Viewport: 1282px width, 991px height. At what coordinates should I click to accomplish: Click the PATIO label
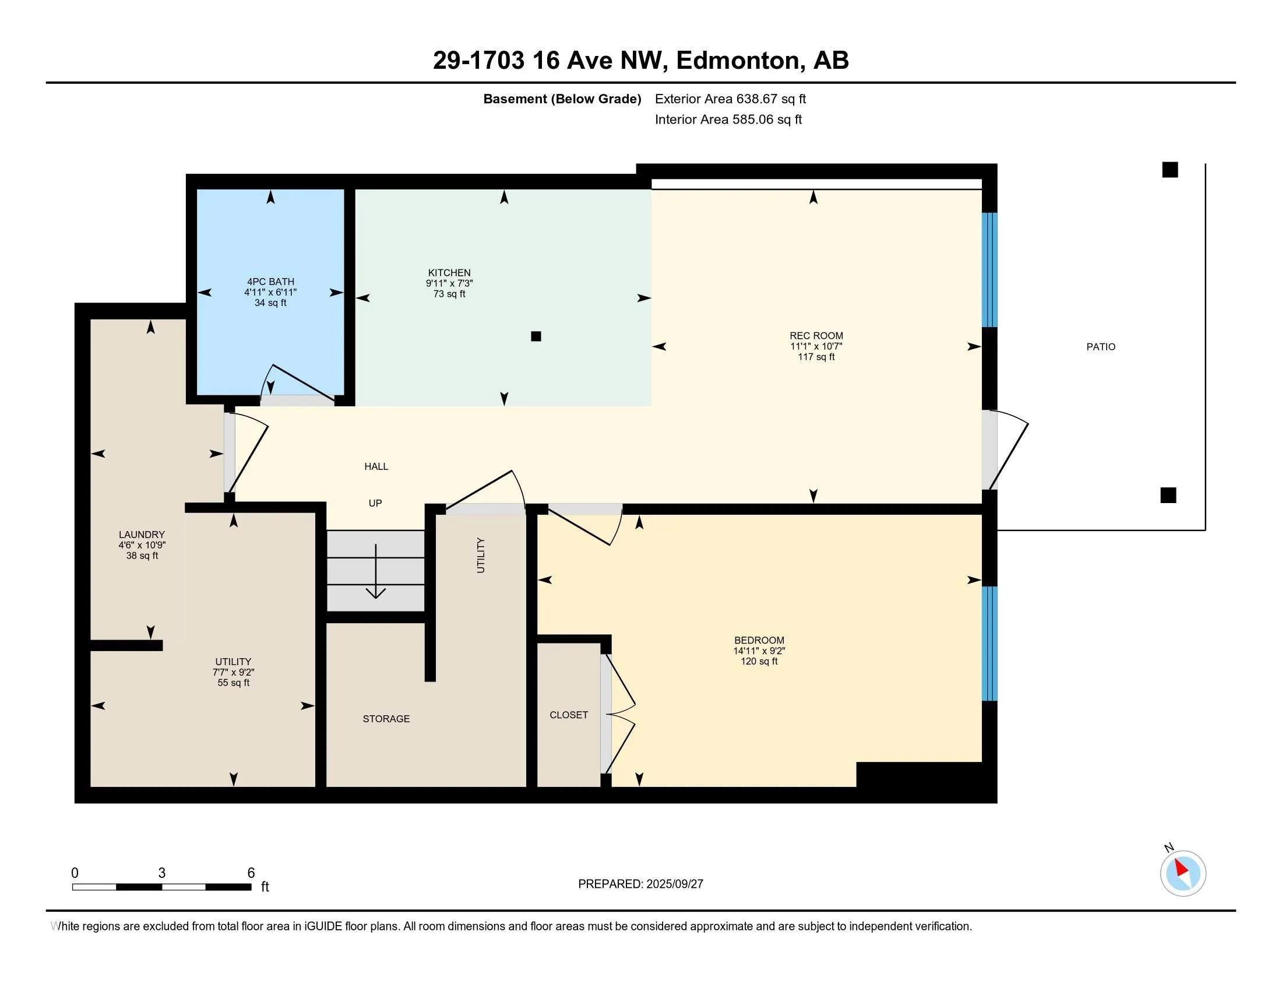(x=1101, y=347)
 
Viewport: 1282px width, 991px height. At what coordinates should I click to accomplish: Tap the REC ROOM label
(x=816, y=336)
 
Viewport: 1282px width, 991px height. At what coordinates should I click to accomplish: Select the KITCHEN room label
(x=449, y=272)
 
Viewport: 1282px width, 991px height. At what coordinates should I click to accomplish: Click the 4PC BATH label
(x=270, y=282)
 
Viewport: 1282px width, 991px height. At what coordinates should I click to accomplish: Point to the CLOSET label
(x=569, y=715)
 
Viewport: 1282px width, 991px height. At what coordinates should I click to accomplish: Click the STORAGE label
(x=386, y=719)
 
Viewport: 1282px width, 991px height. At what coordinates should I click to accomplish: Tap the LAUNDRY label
(x=142, y=534)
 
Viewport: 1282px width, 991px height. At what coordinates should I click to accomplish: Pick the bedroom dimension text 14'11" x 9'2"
(x=759, y=651)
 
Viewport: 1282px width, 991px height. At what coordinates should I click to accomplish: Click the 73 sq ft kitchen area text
(x=449, y=294)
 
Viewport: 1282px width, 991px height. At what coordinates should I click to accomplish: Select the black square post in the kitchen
(x=536, y=336)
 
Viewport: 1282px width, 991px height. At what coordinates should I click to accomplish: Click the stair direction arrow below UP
(x=376, y=571)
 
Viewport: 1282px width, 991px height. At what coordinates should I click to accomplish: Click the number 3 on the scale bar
(x=161, y=873)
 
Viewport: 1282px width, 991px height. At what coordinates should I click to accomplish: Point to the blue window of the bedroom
(x=989, y=644)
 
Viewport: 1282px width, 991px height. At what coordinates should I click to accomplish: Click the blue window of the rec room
(x=989, y=269)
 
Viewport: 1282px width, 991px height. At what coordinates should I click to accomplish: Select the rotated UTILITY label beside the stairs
(x=481, y=555)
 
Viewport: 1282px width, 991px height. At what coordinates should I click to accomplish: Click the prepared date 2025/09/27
(x=674, y=884)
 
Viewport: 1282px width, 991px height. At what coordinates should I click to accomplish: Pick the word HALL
(x=376, y=466)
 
